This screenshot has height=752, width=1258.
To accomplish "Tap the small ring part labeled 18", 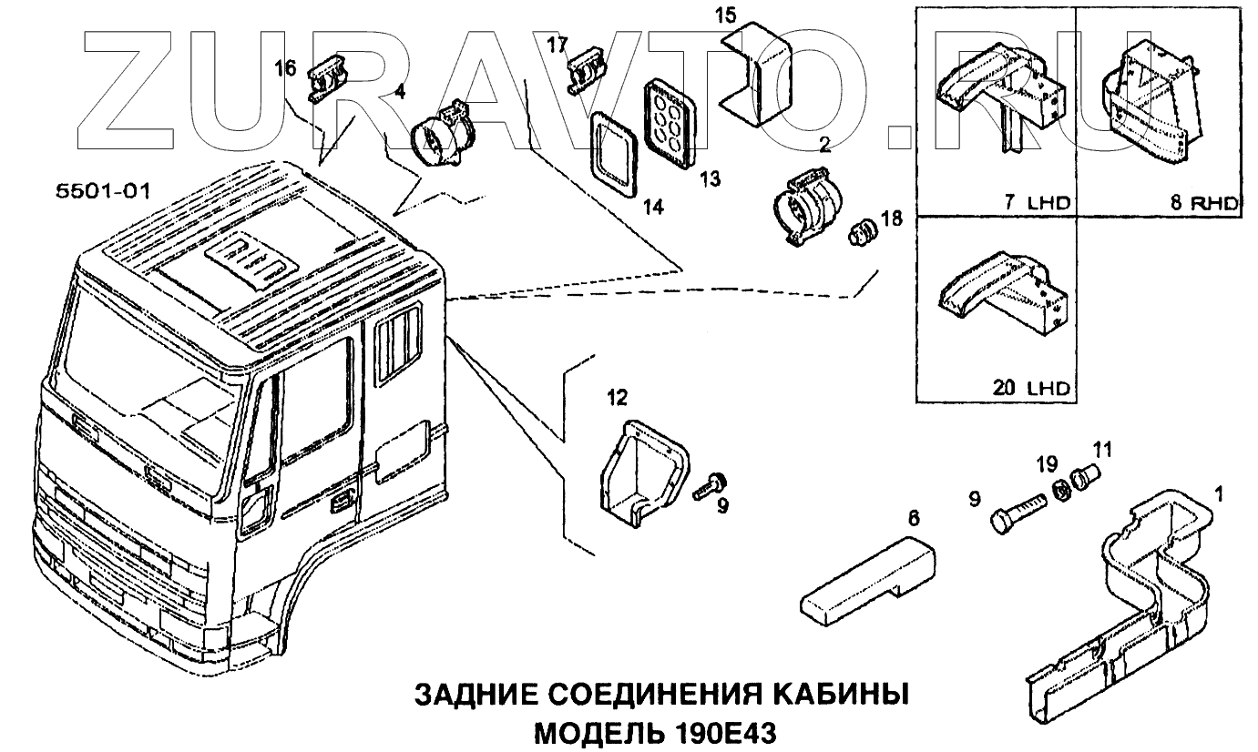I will pos(862,233).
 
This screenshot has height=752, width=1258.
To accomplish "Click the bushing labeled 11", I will pos(1085,476).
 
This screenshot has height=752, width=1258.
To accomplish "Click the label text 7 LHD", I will pos(1036,202).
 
